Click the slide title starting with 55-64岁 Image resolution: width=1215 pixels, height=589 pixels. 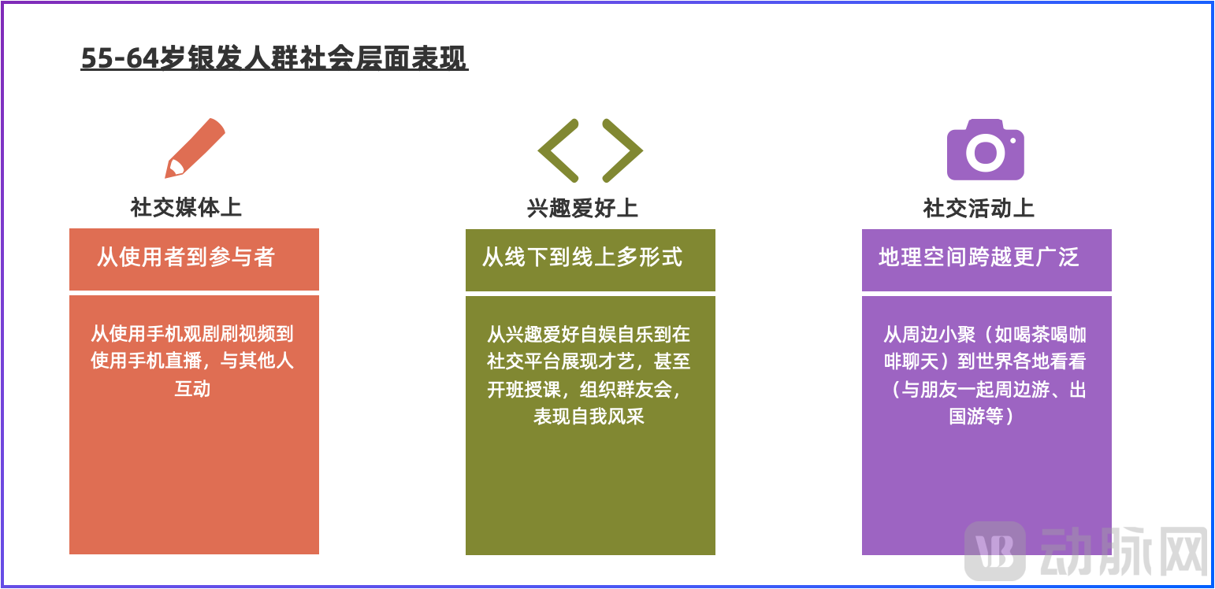coord(274,59)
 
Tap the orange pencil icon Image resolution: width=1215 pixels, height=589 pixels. coord(195,147)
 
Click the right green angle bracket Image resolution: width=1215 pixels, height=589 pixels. coord(622,150)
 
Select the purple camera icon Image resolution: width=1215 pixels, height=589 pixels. coord(985,150)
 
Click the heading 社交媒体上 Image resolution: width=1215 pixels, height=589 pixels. coord(186,207)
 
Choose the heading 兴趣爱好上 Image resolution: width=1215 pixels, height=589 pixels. coord(582,208)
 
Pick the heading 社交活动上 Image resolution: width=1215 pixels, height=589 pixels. coord(979,208)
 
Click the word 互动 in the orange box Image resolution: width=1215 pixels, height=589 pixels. coord(192,388)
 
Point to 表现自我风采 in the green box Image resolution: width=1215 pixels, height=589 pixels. coord(589,416)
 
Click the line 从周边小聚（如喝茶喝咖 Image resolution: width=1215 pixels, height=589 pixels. coord(985,335)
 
